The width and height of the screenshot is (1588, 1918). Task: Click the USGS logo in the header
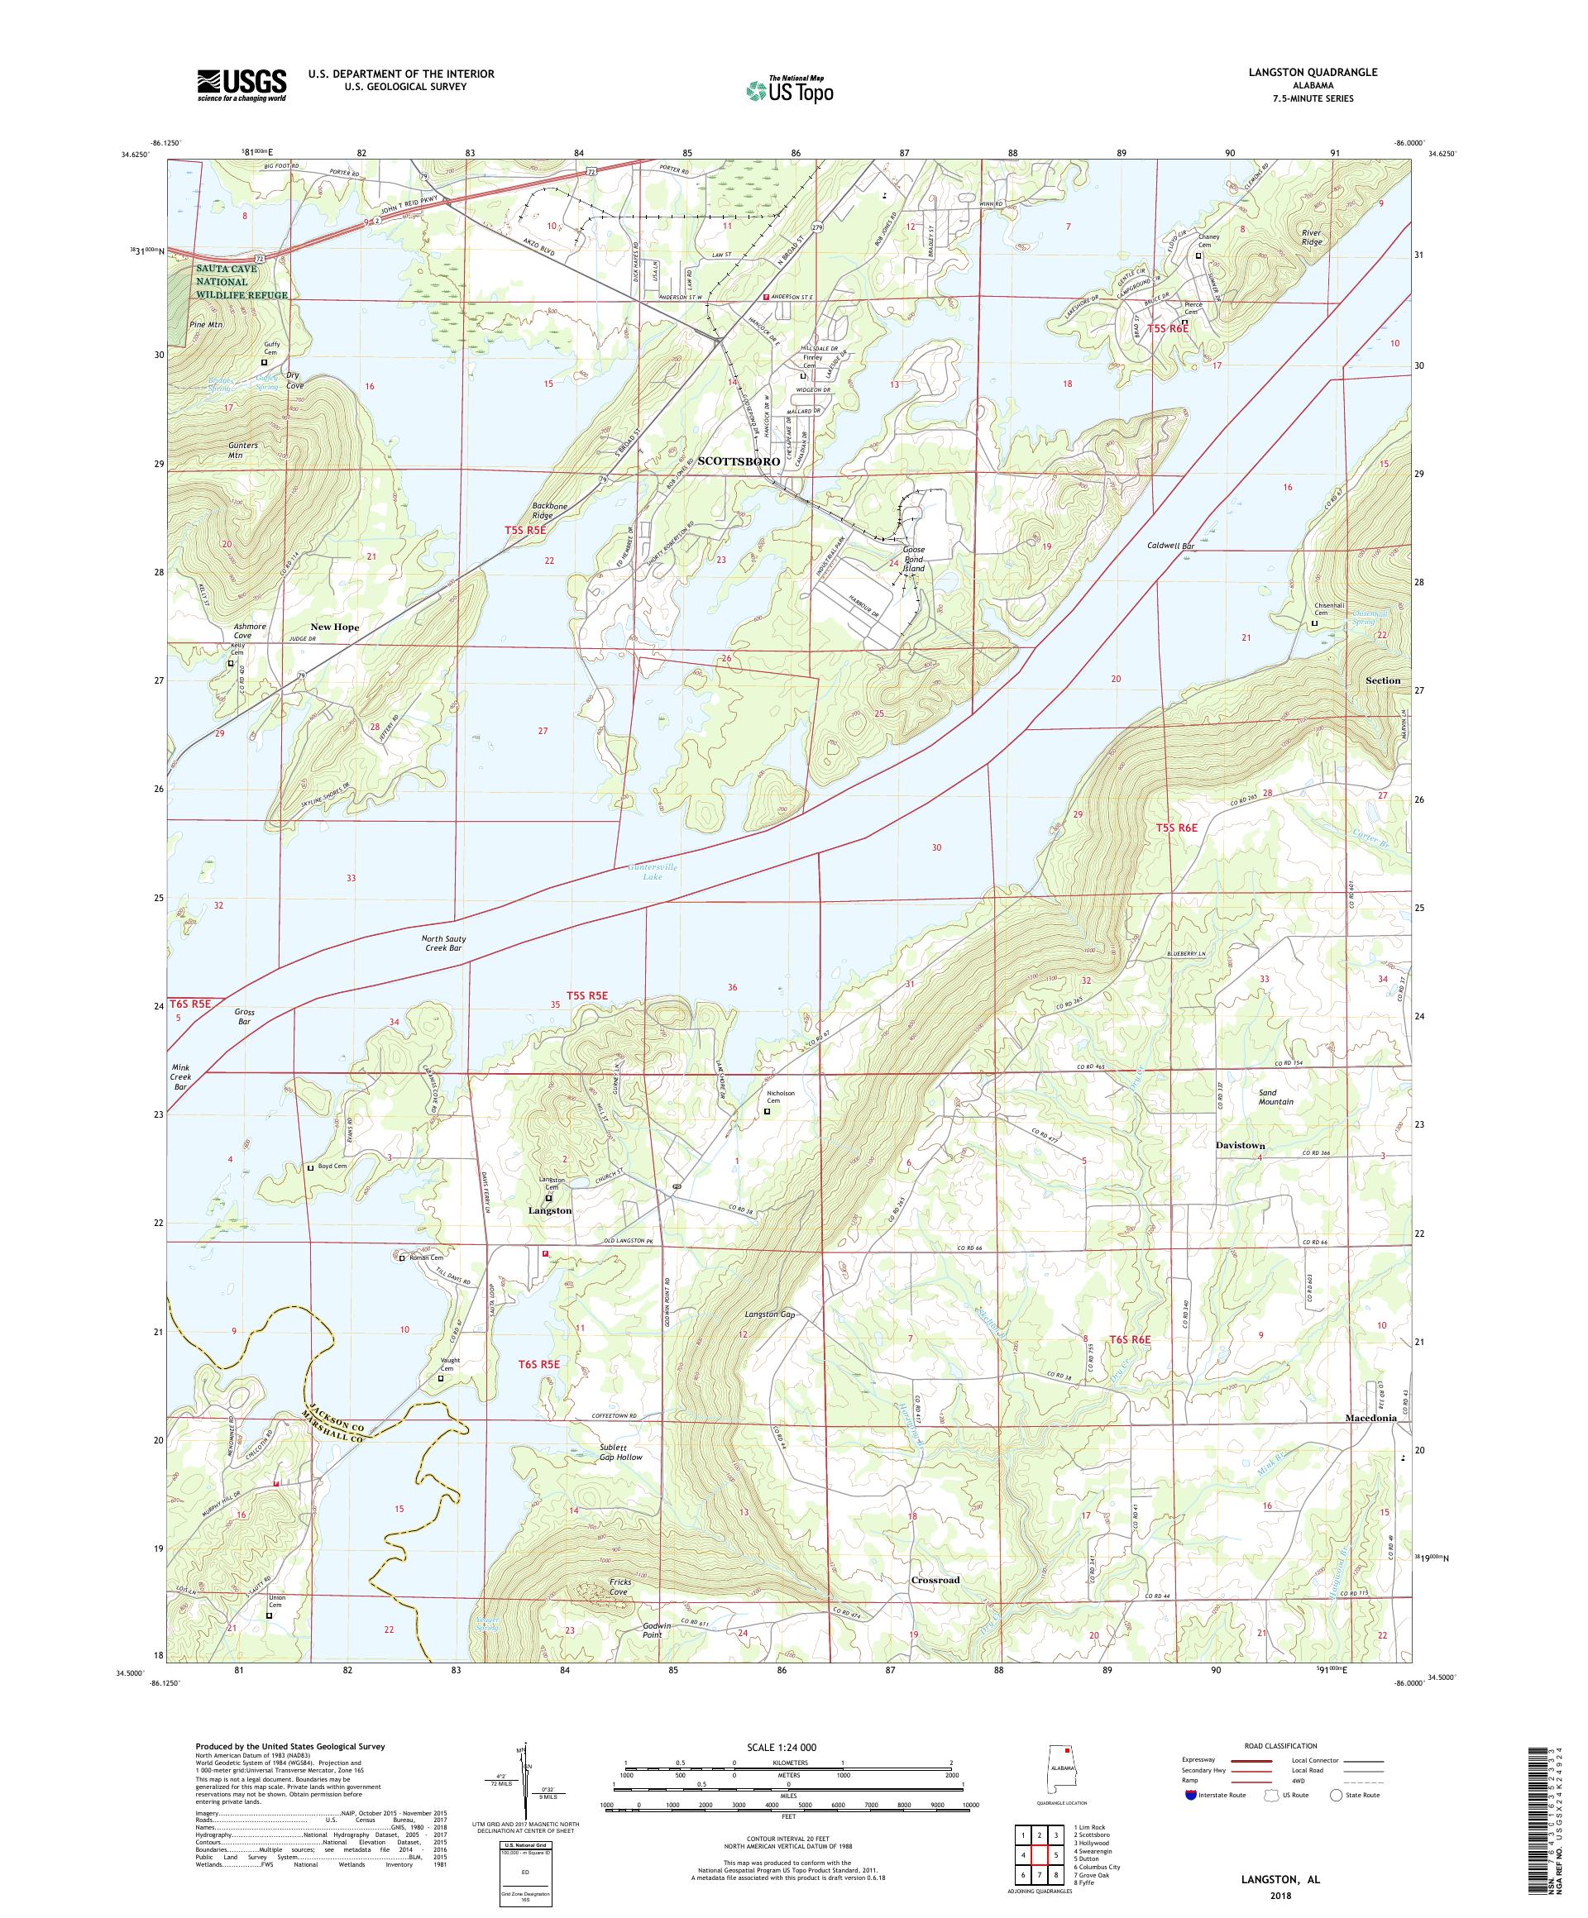point(242,85)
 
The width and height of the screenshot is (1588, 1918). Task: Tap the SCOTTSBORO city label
point(738,462)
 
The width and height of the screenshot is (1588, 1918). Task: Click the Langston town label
point(549,1210)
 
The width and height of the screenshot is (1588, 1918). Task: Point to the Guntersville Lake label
point(652,871)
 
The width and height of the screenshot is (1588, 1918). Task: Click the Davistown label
point(1240,1144)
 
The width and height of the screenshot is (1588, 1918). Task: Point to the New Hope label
point(334,627)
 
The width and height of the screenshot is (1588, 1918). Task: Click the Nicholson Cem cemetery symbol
point(767,1111)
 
